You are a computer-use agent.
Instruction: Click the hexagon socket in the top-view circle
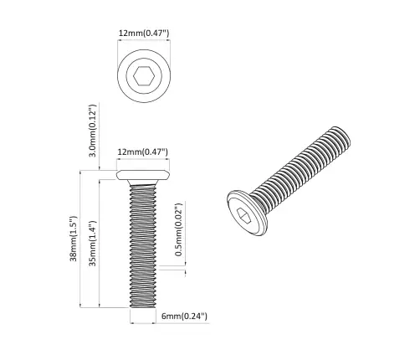click(143, 79)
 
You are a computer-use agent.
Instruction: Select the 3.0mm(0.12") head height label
click(94, 131)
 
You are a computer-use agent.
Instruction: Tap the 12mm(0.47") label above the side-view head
click(143, 152)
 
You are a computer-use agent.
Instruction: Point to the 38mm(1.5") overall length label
click(74, 239)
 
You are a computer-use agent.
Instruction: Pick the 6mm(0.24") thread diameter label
click(183, 316)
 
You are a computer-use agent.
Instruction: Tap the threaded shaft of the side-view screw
click(144, 243)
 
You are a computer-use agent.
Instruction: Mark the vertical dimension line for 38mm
click(81, 239)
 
